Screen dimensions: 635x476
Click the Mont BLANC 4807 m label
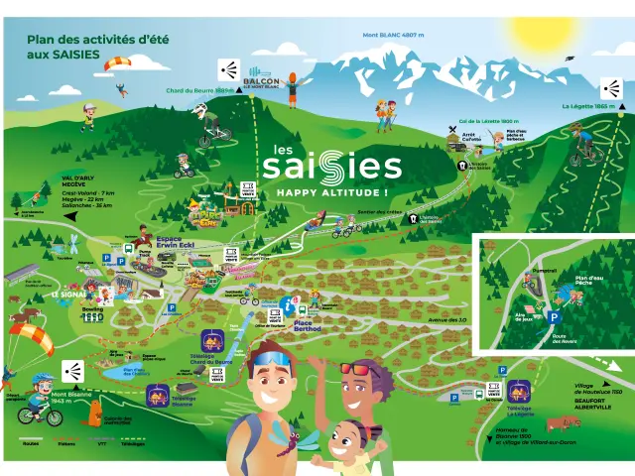394,36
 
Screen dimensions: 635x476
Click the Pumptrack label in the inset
518,270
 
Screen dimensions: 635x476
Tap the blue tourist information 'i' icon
287,303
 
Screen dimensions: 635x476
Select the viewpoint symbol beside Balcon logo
229,70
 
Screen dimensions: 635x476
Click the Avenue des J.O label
446,320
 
